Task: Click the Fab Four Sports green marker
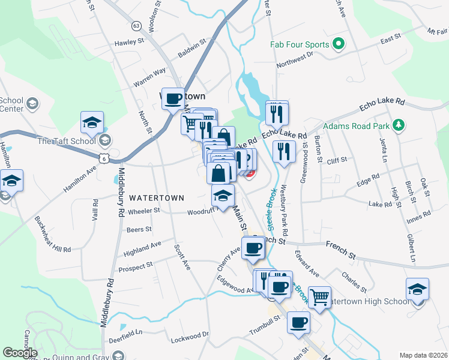pyautogui.click(x=338, y=44)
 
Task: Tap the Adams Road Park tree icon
pyautogui.click(x=397, y=126)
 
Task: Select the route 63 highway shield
pyautogui.click(x=136, y=26)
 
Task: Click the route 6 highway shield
pyautogui.click(x=104, y=157)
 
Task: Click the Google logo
pyautogui.click(x=20, y=353)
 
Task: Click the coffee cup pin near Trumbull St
pyautogui.click(x=298, y=323)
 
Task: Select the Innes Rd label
pyautogui.click(x=418, y=215)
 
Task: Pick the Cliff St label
pyautogui.click(x=337, y=161)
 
